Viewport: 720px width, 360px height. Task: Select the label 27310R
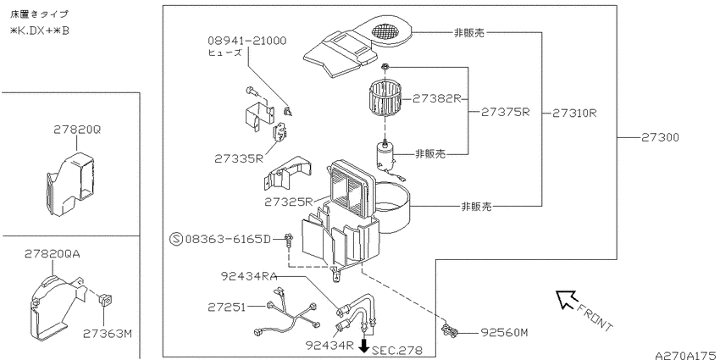click(574, 113)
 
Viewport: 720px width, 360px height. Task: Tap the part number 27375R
click(506, 112)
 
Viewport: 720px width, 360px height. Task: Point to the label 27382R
click(436, 99)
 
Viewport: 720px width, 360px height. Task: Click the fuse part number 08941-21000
click(246, 41)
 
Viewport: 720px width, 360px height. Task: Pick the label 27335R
click(238, 158)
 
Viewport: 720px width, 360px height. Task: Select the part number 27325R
click(288, 202)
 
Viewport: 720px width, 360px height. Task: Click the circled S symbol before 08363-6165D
click(176, 239)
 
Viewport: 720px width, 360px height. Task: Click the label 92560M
click(504, 332)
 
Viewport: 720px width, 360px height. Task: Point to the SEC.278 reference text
click(396, 351)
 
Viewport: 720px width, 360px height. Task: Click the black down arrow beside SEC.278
click(364, 346)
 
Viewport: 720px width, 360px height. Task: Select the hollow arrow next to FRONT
click(565, 298)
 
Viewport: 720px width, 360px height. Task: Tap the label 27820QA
click(52, 254)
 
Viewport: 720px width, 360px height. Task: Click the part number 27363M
click(108, 334)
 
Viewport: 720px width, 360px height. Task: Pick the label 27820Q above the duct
click(77, 130)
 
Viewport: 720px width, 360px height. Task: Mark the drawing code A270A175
click(687, 355)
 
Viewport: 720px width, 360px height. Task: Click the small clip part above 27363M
click(106, 301)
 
